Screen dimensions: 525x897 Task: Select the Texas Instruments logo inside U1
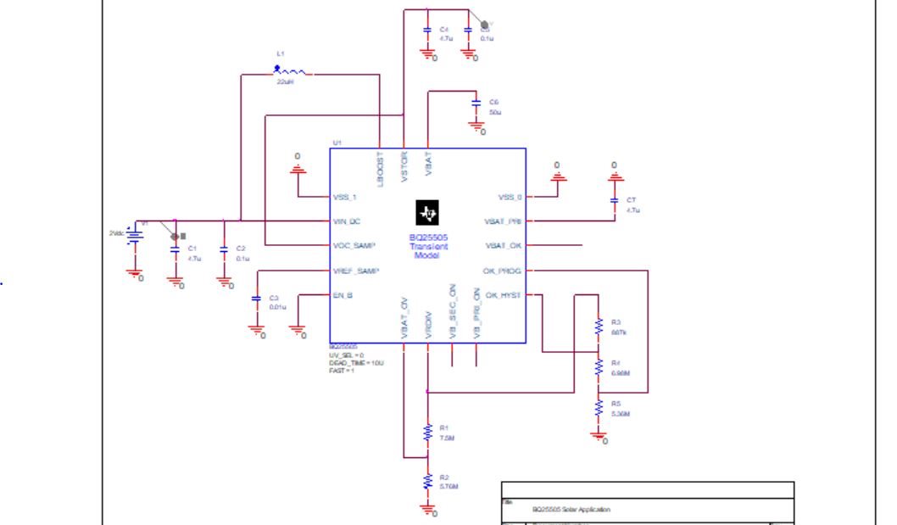(x=427, y=213)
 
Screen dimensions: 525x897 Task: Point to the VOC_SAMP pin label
(x=354, y=245)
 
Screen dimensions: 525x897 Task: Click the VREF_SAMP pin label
(x=355, y=271)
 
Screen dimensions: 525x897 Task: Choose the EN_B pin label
(x=343, y=295)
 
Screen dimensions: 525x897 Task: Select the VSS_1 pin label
(x=346, y=197)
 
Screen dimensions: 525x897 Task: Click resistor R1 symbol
(x=428, y=433)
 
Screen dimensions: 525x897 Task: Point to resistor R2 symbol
(x=428, y=482)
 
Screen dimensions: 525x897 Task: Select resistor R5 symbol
(x=599, y=406)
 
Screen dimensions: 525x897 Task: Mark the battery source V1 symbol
(x=132, y=235)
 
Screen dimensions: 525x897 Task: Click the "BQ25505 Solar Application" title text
(x=571, y=510)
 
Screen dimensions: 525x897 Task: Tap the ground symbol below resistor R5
(x=599, y=436)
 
